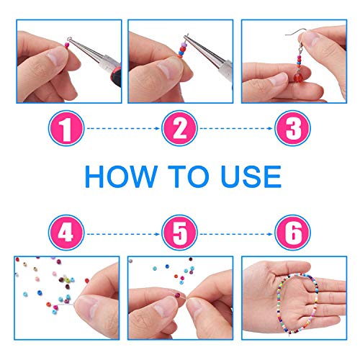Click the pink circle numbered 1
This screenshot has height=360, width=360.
point(66,128)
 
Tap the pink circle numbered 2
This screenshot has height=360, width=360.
point(179,128)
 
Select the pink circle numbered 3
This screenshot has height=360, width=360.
point(292,128)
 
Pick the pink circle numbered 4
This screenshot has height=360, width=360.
point(66,233)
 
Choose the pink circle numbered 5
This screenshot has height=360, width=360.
point(179,233)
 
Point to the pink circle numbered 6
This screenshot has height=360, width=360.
point(292,233)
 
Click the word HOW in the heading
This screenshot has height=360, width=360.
point(121,176)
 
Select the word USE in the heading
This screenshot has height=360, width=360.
point(251,176)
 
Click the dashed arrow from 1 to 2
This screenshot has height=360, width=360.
point(123,128)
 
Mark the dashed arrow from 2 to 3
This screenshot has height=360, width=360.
point(236,128)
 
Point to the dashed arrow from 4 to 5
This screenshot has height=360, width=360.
point(123,234)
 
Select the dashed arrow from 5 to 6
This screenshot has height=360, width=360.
point(236,234)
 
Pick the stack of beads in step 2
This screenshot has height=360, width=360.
point(183,50)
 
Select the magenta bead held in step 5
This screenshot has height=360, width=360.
point(177,294)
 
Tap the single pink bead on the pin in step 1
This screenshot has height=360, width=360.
point(67,45)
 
